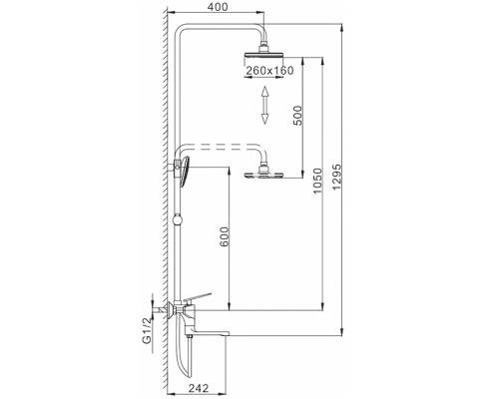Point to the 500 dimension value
pyautogui.click(x=297, y=115)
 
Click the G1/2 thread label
pyautogui.click(x=147, y=328)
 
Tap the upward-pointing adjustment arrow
pyautogui.click(x=264, y=94)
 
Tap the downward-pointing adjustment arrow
pyautogui.click(x=264, y=116)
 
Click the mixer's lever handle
pyautogui.click(x=203, y=295)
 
